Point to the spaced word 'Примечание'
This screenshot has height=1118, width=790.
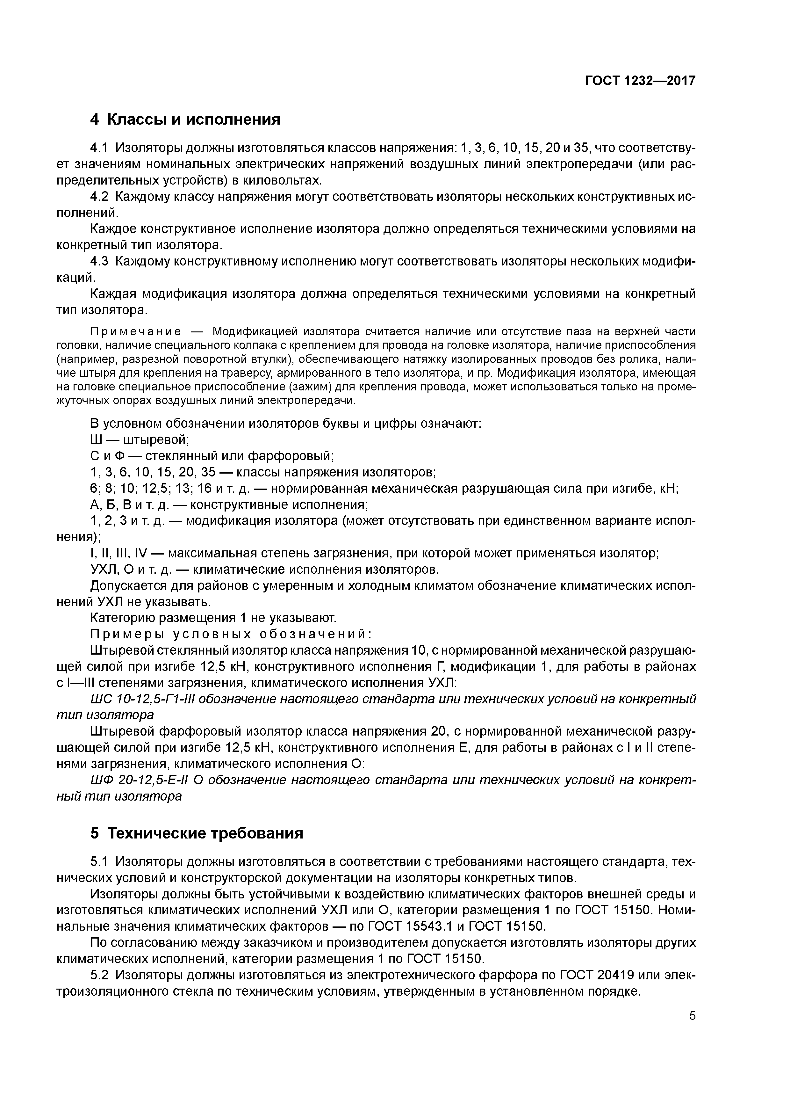136,332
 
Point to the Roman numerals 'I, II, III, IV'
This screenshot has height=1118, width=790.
118,554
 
